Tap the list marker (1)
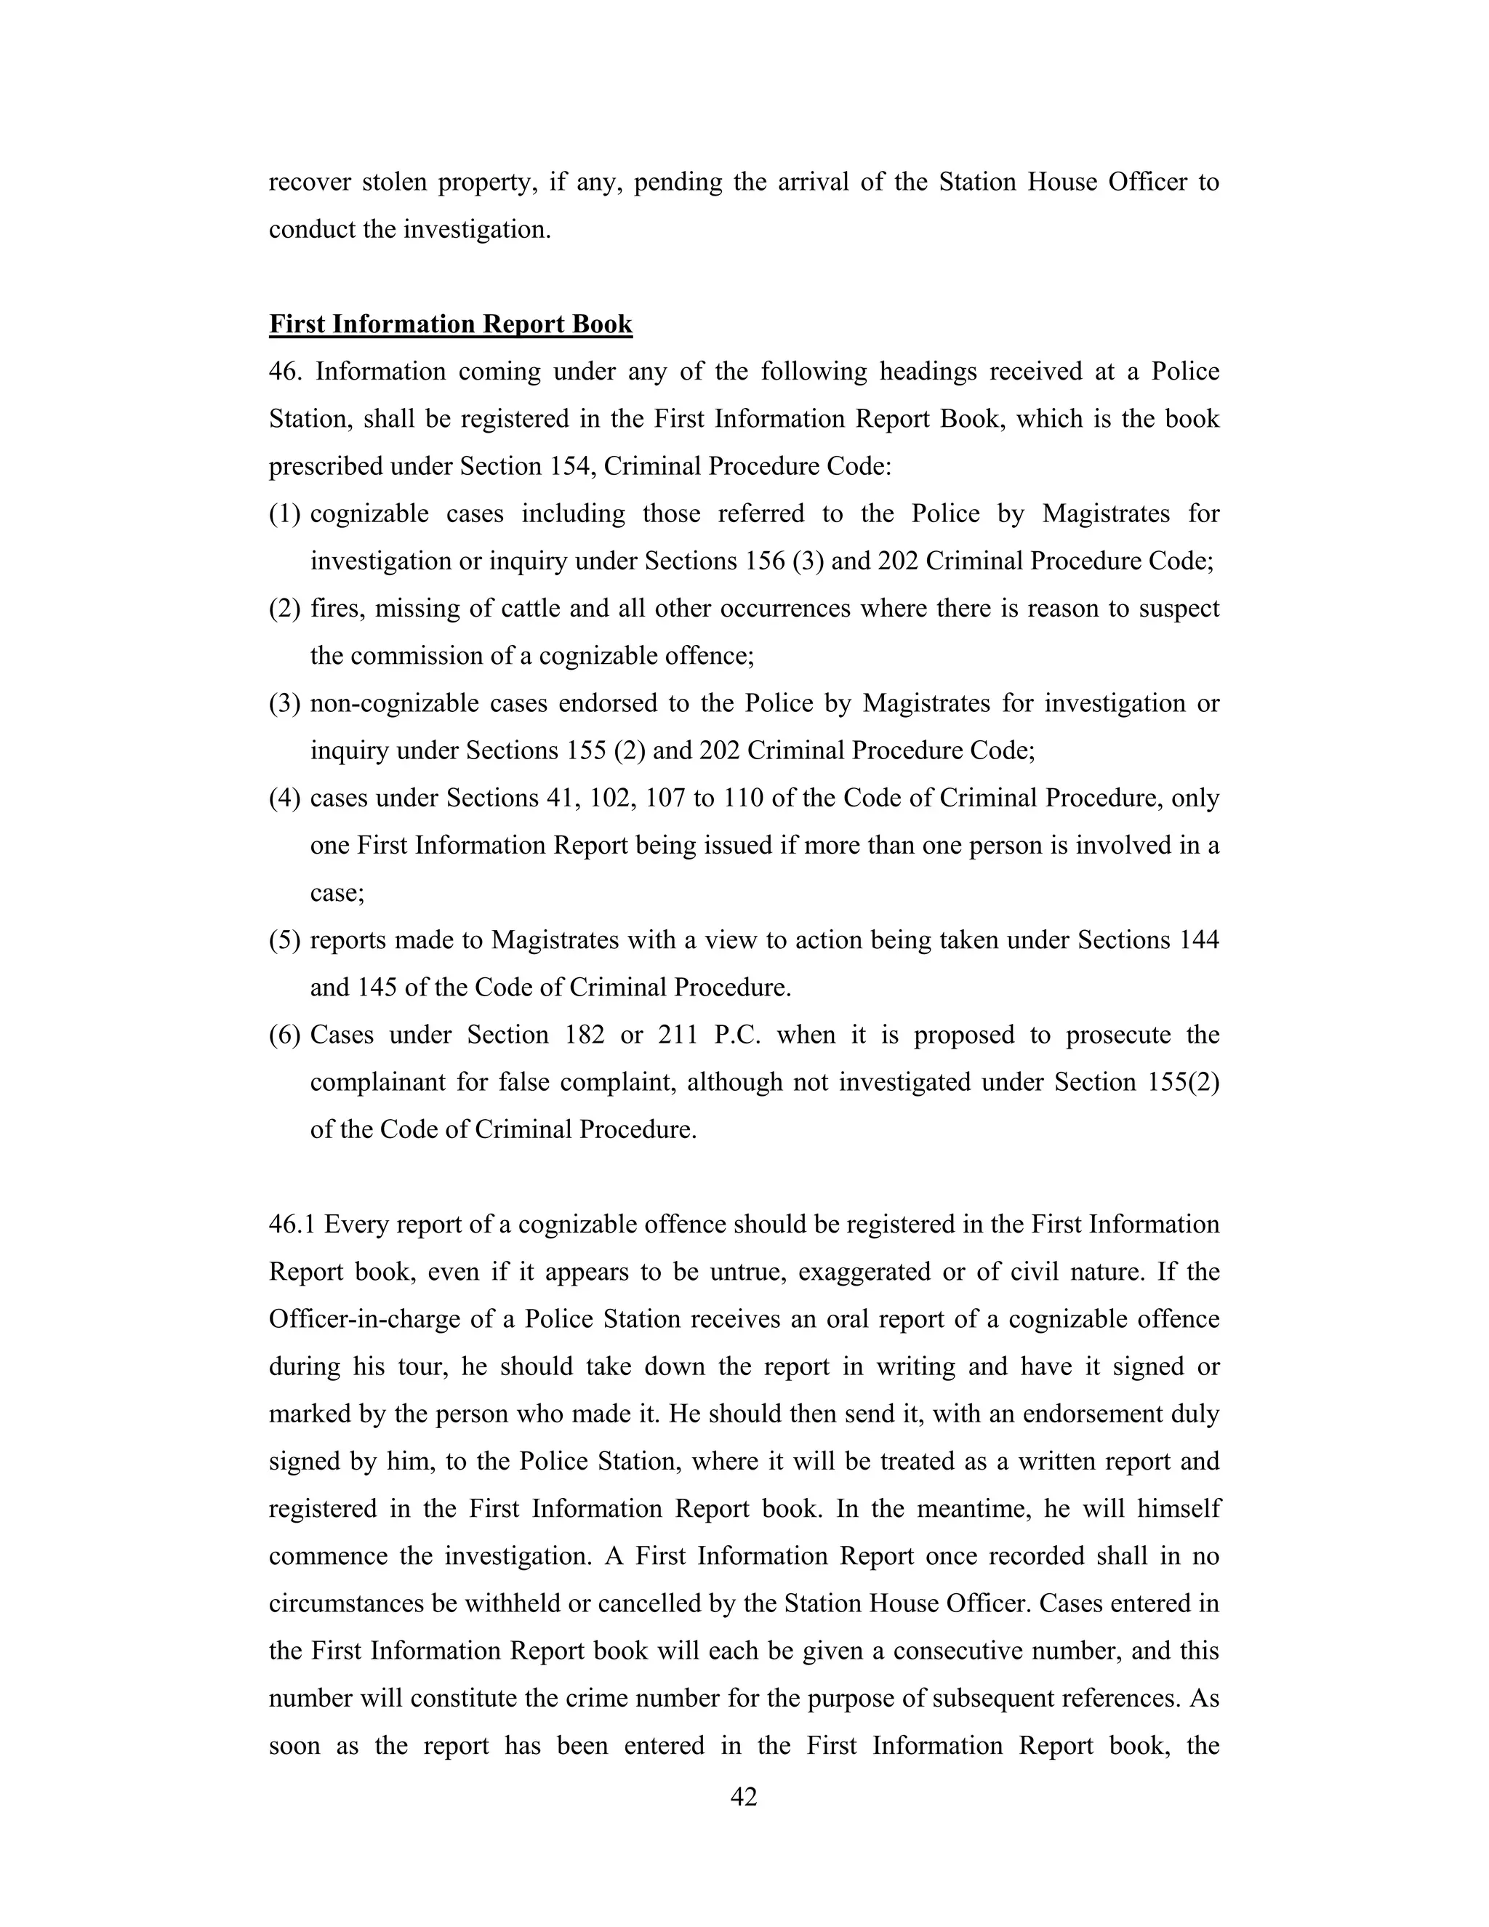285,513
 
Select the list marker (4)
285,798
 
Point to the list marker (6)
285,1034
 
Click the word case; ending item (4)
337,892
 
